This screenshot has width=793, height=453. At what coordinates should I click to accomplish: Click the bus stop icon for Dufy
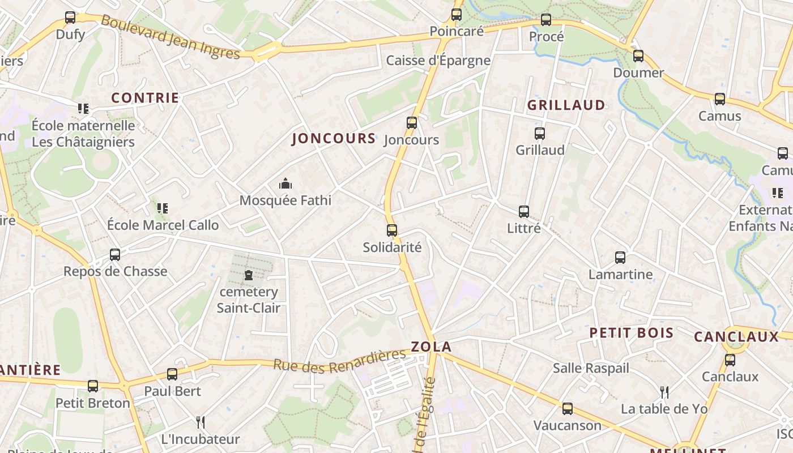click(70, 18)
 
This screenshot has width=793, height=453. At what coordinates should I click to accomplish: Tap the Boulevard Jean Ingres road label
click(170, 37)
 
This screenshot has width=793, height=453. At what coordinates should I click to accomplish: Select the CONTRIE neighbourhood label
click(145, 98)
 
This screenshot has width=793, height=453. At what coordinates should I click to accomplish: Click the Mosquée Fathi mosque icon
click(285, 183)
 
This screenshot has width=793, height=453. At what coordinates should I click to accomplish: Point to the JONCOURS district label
click(334, 139)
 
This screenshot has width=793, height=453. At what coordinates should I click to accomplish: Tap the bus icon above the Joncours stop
click(412, 123)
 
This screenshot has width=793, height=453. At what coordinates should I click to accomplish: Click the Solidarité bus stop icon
click(392, 230)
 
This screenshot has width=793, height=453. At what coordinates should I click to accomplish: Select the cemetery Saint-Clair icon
click(248, 276)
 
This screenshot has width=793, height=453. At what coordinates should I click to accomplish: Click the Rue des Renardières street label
click(340, 360)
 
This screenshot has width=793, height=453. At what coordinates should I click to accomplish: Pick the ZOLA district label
click(431, 347)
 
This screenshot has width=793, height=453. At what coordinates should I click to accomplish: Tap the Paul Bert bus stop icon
click(172, 374)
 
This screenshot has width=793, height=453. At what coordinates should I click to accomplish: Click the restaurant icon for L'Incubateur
click(200, 422)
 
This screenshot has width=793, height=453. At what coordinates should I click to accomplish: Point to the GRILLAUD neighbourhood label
click(566, 105)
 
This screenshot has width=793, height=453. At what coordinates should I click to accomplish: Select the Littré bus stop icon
click(524, 212)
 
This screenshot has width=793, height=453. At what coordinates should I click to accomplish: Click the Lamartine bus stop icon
click(620, 258)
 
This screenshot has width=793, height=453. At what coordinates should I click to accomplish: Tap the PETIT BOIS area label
click(632, 333)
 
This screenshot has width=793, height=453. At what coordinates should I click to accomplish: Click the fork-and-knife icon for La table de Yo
click(664, 392)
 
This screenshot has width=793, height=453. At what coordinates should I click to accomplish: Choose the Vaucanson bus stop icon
click(568, 409)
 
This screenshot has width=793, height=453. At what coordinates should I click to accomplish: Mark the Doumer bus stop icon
click(638, 56)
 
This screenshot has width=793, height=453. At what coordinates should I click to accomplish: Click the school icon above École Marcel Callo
click(163, 208)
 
